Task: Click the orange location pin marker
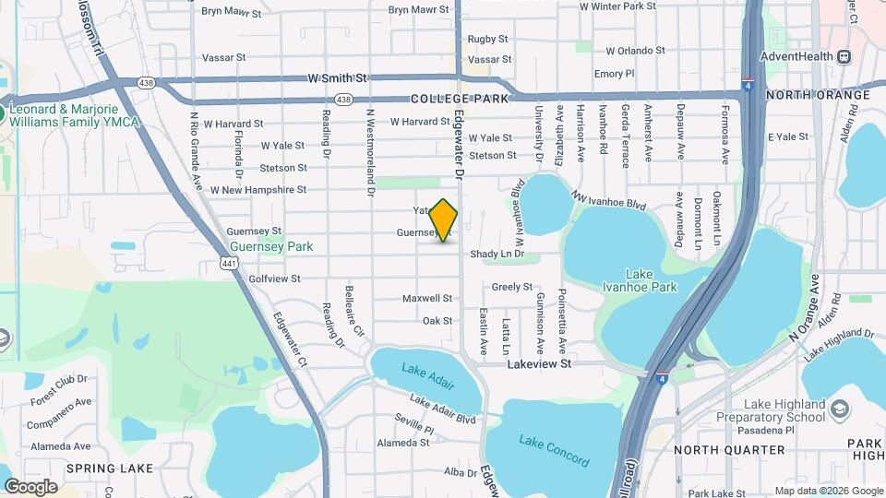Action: (x=444, y=220)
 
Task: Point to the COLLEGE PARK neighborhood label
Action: (x=454, y=99)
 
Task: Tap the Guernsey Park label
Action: (x=271, y=246)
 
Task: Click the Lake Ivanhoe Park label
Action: (x=651, y=280)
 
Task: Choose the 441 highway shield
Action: (x=229, y=264)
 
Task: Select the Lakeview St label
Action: (x=540, y=364)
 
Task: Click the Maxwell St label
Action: (x=427, y=299)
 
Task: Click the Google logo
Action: (x=30, y=487)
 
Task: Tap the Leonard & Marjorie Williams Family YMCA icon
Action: (x=5, y=115)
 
